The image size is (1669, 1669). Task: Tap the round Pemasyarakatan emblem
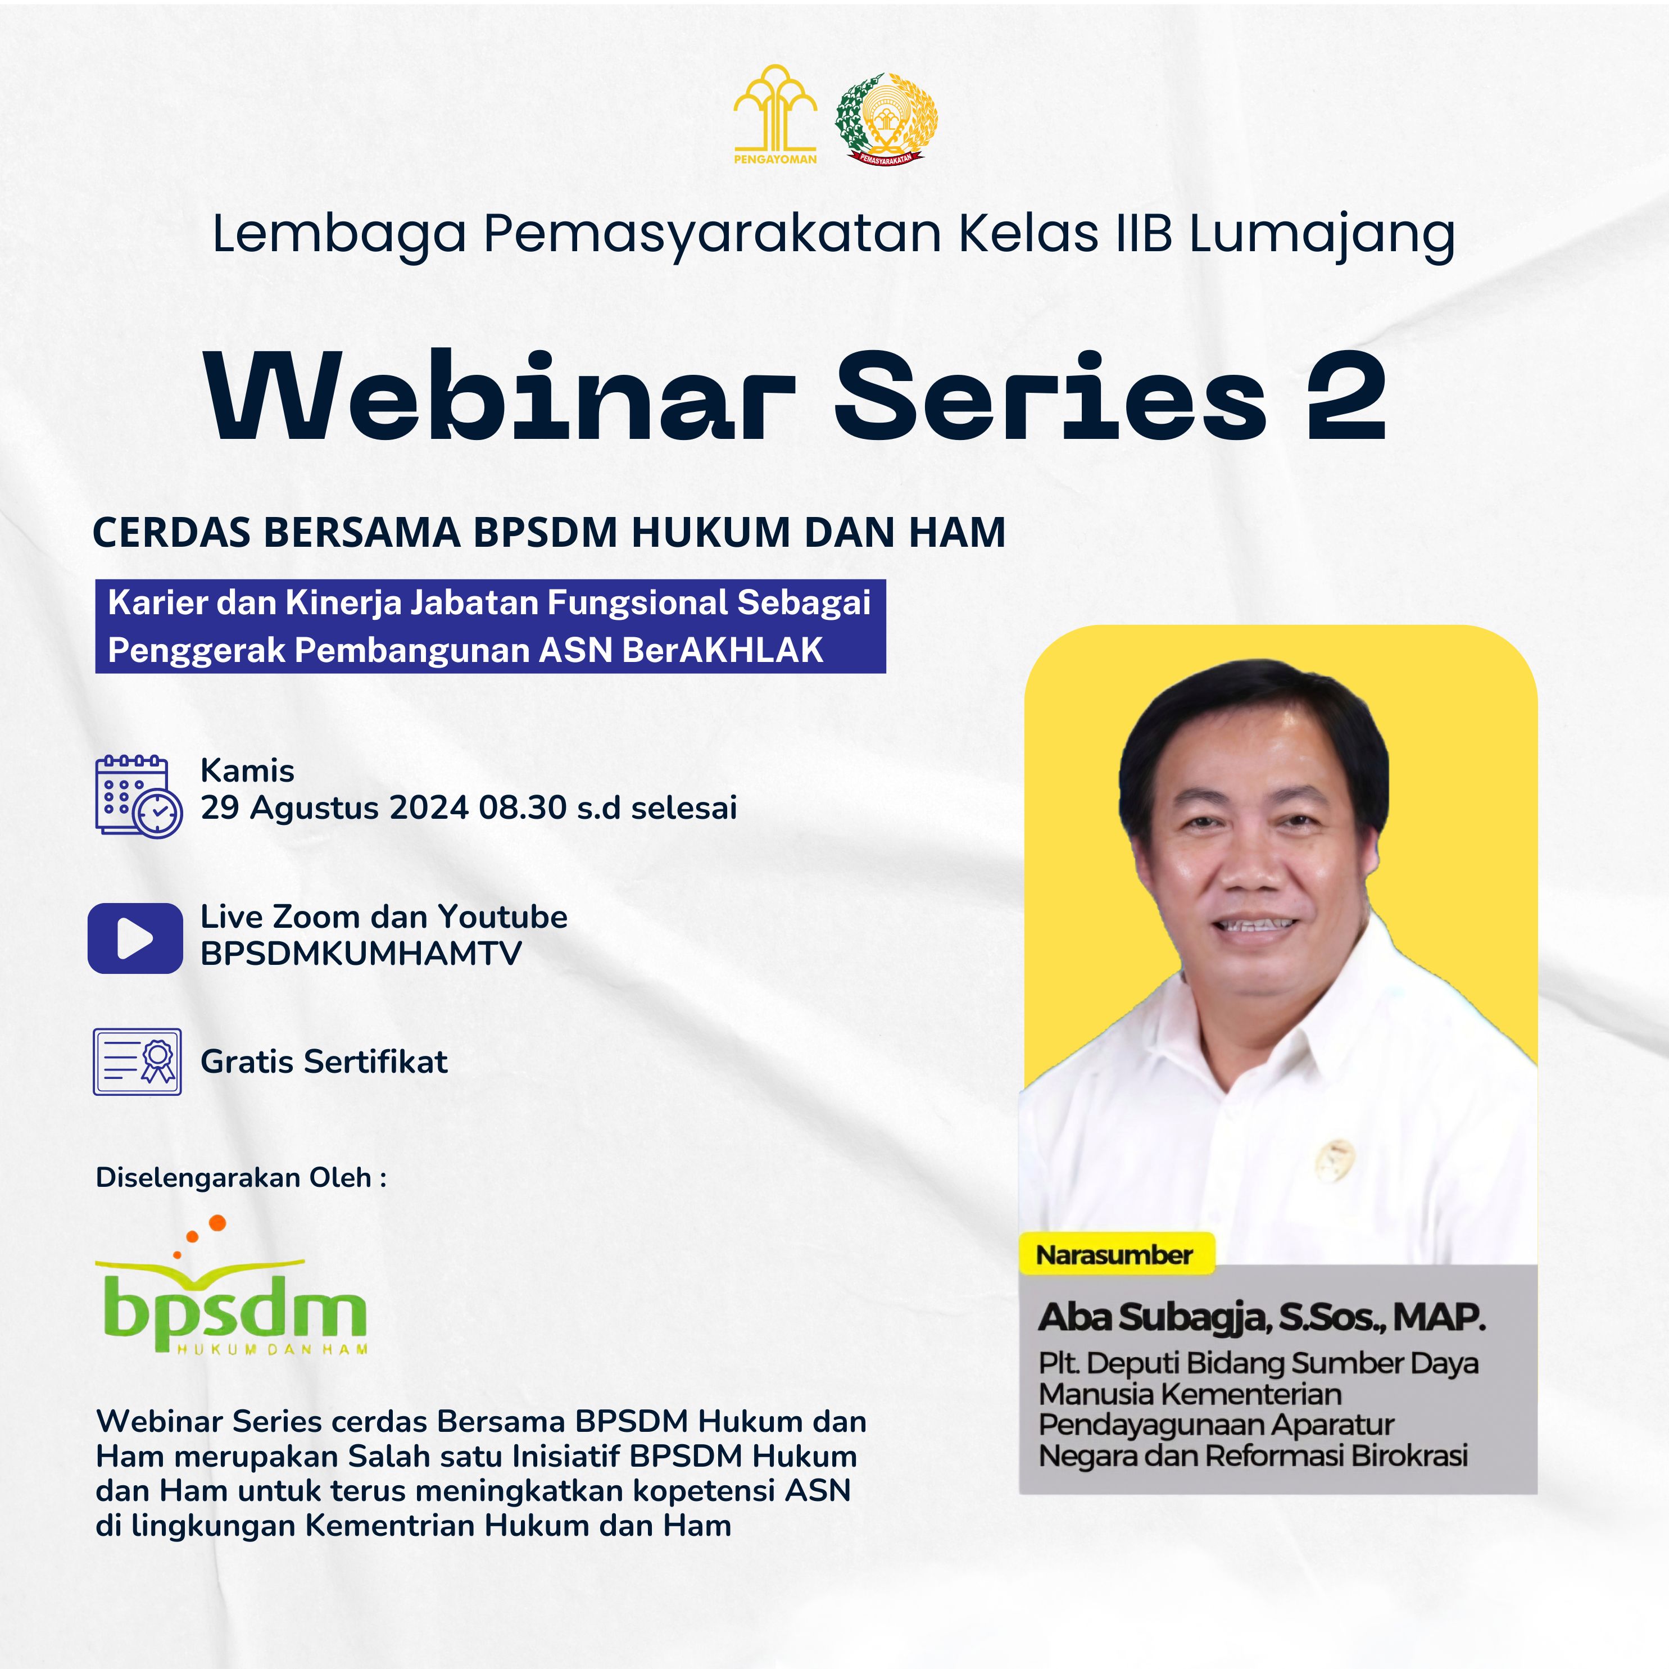(x=886, y=119)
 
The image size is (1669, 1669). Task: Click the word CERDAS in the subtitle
(x=173, y=532)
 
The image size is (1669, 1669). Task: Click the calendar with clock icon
(x=138, y=796)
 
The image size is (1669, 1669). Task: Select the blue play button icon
(x=135, y=938)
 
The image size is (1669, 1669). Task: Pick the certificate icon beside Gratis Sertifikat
(x=137, y=1062)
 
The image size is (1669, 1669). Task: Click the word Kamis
(x=248, y=770)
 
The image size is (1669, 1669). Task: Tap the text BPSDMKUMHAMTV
(x=361, y=954)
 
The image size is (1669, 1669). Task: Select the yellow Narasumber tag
(x=1115, y=1254)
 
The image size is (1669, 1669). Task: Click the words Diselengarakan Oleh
(x=233, y=1177)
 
